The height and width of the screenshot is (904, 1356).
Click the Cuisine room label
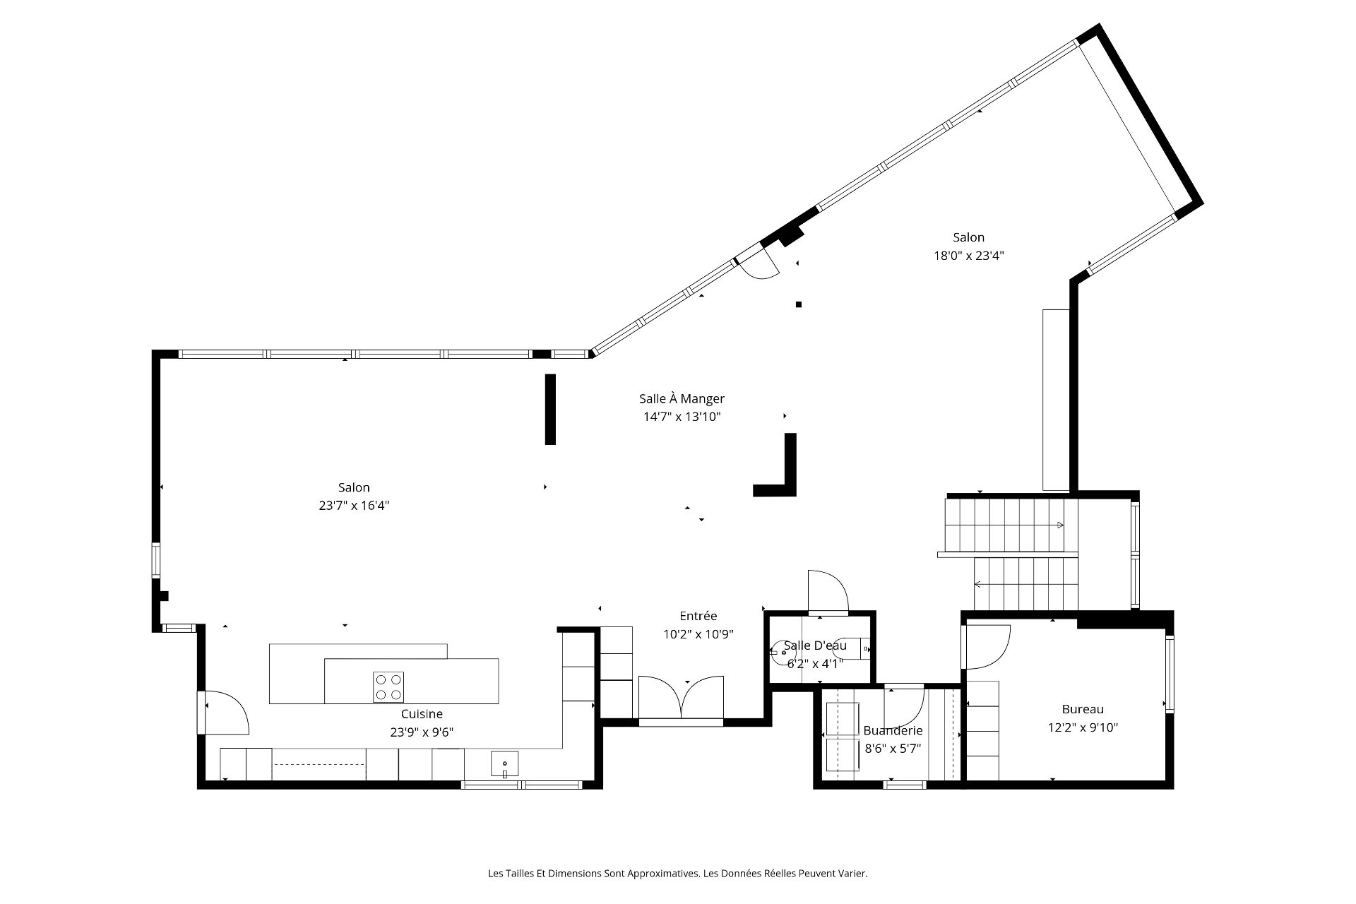pos(422,714)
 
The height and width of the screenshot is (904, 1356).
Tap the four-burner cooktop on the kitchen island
pos(388,686)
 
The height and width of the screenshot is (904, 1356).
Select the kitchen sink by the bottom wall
pos(505,764)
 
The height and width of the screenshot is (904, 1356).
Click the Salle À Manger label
pos(682,399)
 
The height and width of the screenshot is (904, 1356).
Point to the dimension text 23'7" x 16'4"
pos(354,506)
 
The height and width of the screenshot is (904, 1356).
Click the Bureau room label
pos(1083,709)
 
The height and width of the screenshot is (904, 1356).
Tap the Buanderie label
pos(893,731)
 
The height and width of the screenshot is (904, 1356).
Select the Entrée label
pos(698,616)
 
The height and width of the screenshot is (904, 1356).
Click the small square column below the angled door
pos(799,305)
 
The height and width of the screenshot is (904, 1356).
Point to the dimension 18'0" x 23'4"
pos(969,256)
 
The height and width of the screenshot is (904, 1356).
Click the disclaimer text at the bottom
pos(678,874)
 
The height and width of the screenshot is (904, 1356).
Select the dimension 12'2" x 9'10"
pos(1083,727)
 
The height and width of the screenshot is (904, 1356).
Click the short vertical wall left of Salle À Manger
pos(550,410)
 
